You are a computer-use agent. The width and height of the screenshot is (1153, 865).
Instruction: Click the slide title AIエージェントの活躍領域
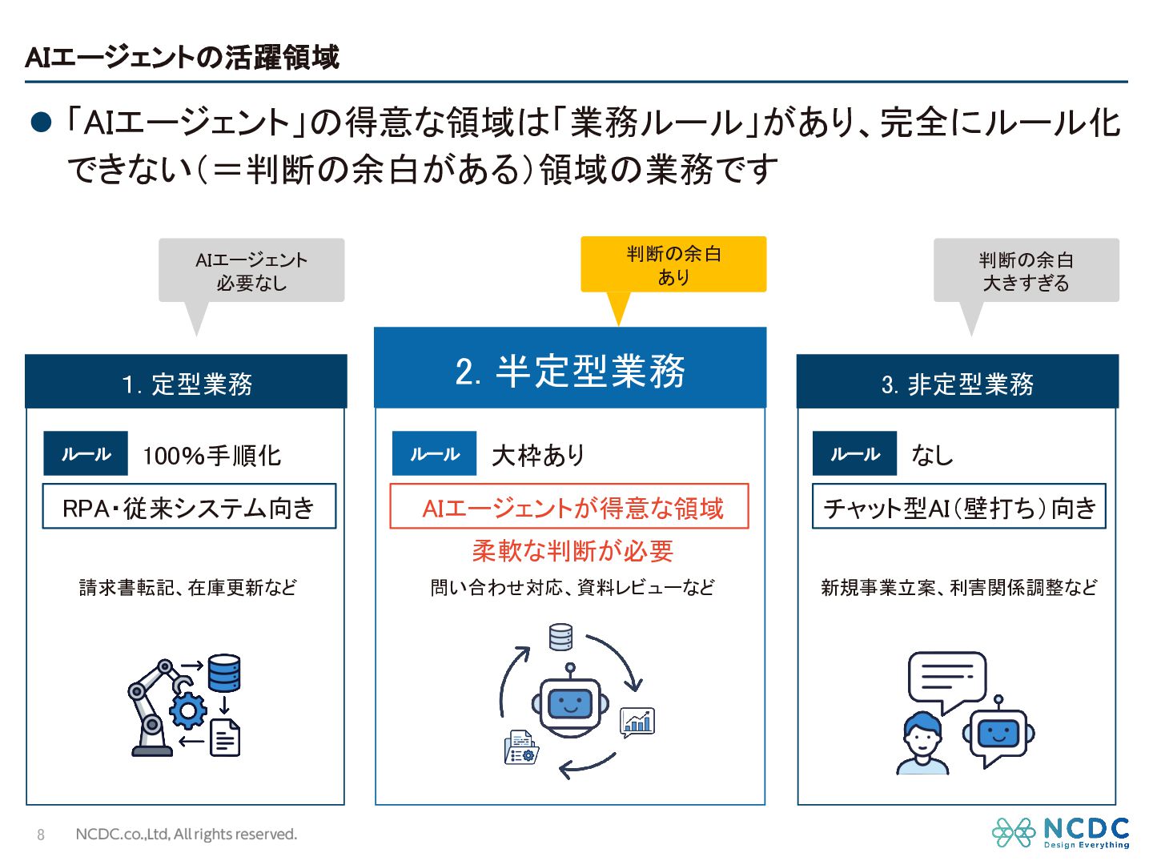tap(183, 58)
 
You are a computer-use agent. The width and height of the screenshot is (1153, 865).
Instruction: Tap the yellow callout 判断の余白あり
tap(673, 265)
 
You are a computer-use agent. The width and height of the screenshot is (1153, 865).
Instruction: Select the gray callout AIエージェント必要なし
tap(251, 271)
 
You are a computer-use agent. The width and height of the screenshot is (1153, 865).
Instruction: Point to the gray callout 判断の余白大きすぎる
tap(1026, 271)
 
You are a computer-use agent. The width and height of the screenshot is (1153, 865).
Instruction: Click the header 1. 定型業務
tap(187, 384)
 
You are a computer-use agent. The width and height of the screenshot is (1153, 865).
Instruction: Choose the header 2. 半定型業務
tap(570, 370)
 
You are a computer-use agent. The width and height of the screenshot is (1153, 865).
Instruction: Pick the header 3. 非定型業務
tap(957, 384)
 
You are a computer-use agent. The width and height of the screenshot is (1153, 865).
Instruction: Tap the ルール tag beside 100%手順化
tap(86, 454)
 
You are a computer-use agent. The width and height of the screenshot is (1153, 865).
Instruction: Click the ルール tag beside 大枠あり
tap(434, 454)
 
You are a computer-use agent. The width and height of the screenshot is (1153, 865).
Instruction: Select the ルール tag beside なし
tap(854, 454)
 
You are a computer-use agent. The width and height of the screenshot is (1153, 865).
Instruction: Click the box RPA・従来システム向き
tap(189, 507)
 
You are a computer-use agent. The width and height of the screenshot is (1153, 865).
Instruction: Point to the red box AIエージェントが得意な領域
tap(569, 507)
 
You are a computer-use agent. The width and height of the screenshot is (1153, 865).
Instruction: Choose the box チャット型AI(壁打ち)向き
tap(959, 507)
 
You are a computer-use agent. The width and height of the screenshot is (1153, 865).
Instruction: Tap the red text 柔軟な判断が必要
tap(572, 551)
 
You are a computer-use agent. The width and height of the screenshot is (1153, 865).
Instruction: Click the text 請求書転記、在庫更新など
tap(187, 588)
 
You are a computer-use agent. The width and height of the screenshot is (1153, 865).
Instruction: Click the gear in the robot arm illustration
tap(188, 710)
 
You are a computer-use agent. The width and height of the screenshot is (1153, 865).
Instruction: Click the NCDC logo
tap(1060, 832)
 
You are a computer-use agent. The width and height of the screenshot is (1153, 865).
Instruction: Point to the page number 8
tap(41, 835)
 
